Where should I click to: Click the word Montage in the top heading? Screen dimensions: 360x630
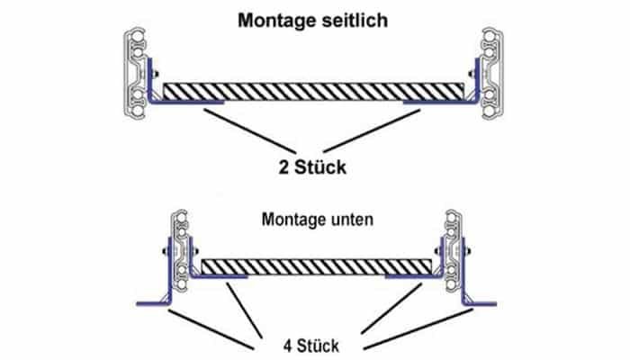tap(271, 19)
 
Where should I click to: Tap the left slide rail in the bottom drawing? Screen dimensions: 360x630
tap(182, 252)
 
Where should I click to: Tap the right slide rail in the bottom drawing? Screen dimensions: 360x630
tap(450, 252)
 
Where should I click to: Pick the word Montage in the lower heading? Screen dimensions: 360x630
tap(292, 219)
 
